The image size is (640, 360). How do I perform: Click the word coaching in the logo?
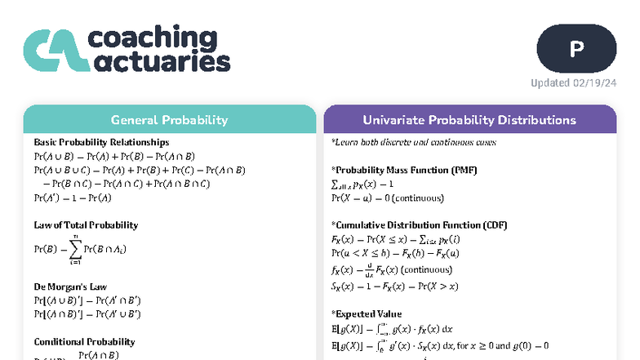coord(152,38)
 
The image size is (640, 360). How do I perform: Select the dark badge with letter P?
coord(576,48)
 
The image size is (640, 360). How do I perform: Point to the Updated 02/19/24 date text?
coord(572,83)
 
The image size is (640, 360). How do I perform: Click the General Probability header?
coord(169,120)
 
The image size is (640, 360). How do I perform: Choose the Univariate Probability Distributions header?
coord(469,120)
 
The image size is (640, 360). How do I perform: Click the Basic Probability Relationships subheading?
coord(101,142)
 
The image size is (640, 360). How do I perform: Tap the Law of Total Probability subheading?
coord(86,225)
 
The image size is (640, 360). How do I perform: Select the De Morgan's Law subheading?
coord(70,287)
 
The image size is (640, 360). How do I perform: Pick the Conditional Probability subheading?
coord(84,342)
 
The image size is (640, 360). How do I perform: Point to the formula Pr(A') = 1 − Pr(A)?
coord(73,198)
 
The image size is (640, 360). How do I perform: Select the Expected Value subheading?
coord(367,313)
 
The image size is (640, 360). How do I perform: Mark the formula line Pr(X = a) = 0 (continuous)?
coord(387,198)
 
